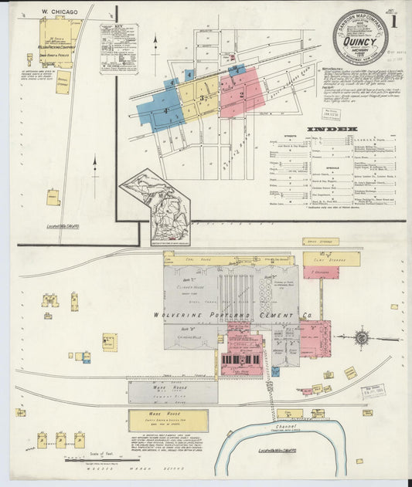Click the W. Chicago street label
click(x=56, y=12)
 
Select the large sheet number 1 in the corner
click(x=393, y=21)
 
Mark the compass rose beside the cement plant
click(x=361, y=337)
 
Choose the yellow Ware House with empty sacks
click(x=168, y=420)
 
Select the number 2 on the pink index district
click(x=242, y=95)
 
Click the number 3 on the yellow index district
click(x=202, y=99)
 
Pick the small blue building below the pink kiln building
click(x=275, y=371)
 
